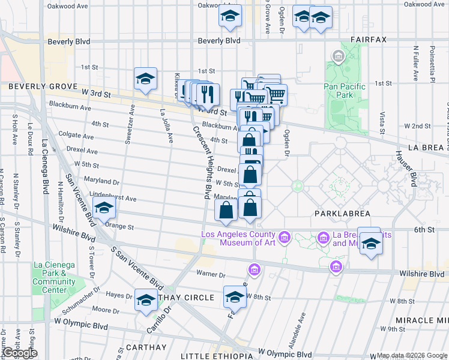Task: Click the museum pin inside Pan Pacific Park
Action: (x=337, y=58)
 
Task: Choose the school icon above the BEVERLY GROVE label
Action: (x=145, y=79)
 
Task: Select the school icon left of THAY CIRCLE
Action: (x=145, y=299)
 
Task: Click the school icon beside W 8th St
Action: (x=235, y=296)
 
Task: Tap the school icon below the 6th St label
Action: (x=371, y=244)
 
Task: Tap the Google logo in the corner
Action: (x=19, y=353)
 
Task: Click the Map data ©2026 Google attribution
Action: (x=412, y=356)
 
